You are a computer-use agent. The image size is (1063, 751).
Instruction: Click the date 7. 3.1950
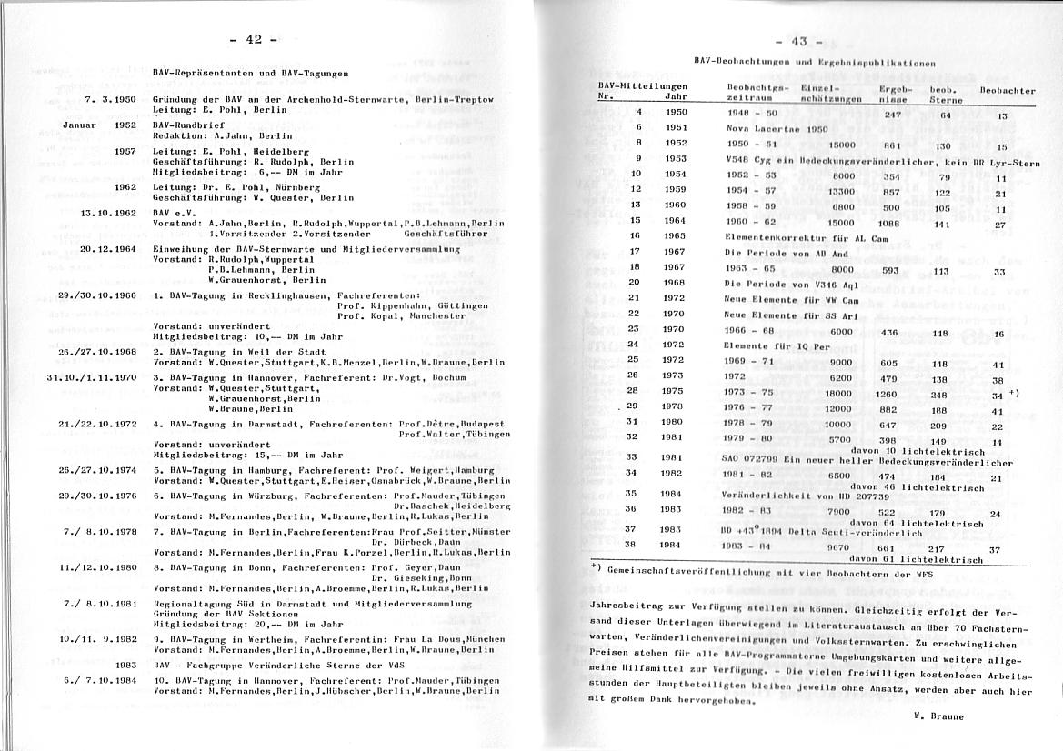[110, 98]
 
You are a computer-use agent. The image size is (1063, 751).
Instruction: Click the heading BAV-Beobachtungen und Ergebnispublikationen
[814, 63]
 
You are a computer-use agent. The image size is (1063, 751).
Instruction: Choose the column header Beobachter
[1008, 91]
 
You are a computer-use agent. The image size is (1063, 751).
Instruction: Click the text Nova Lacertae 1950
[777, 129]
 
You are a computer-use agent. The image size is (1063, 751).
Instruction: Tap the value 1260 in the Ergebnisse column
[886, 394]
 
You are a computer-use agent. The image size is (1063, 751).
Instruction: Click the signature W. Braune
[938, 716]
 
